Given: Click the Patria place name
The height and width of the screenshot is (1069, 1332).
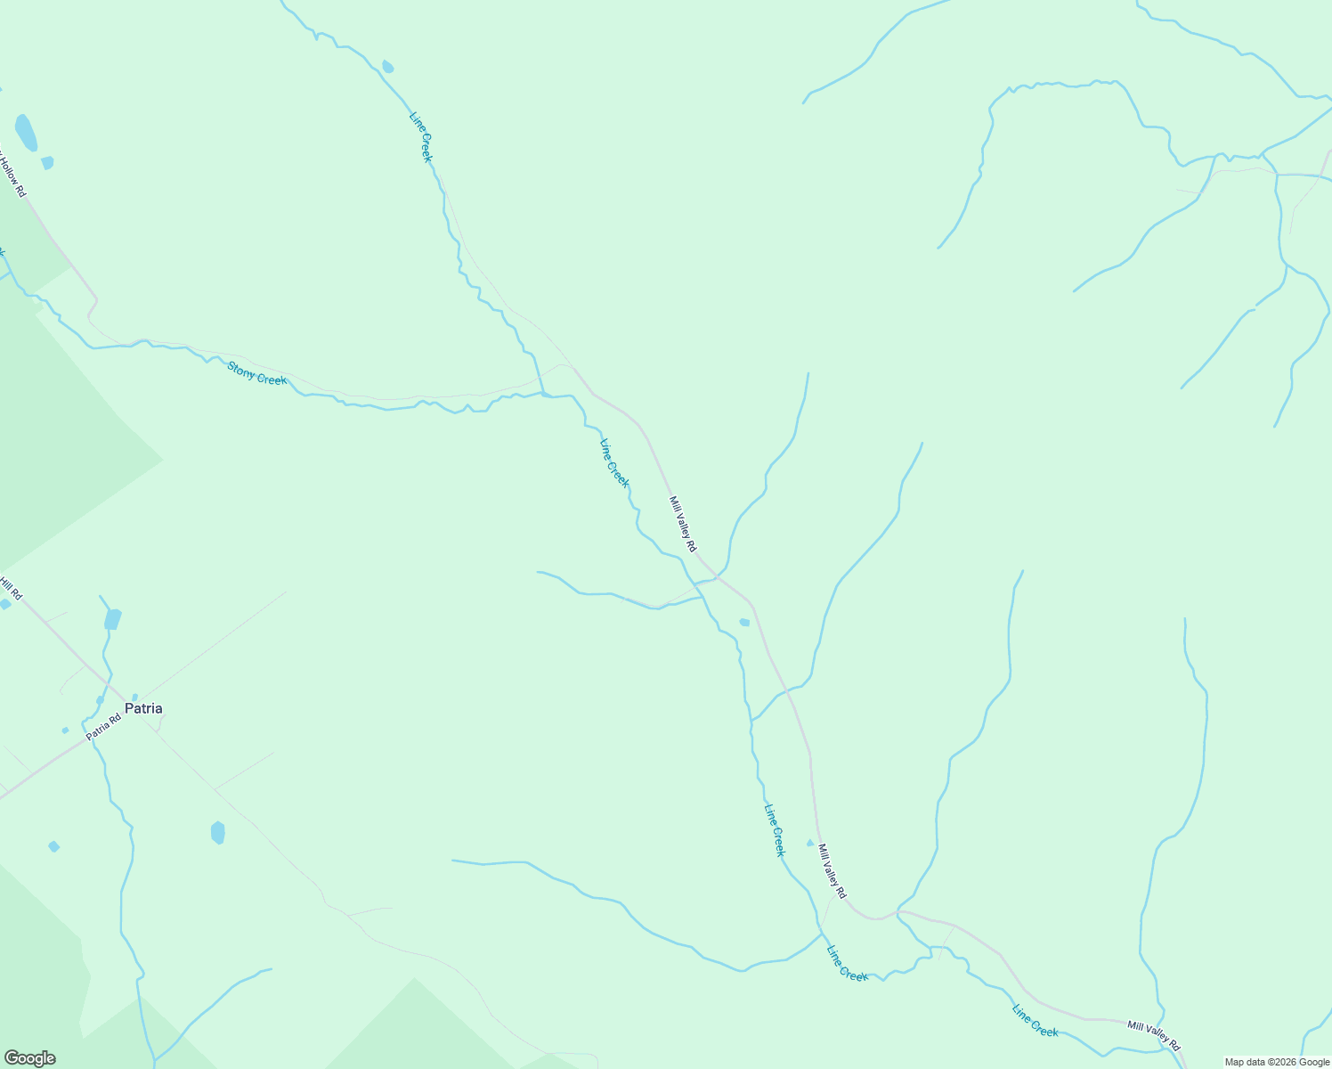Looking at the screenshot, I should click(143, 709).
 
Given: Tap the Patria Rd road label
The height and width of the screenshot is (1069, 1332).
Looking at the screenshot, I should click(103, 727).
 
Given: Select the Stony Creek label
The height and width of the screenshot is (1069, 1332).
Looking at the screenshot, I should click(256, 373).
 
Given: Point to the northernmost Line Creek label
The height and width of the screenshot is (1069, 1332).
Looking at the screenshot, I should click(420, 136).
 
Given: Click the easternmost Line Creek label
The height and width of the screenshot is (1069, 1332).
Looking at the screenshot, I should click(1036, 1020).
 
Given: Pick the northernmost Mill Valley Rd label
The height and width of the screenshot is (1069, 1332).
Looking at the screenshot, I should click(683, 524).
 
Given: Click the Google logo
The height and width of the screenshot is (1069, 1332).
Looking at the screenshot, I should click(29, 1058).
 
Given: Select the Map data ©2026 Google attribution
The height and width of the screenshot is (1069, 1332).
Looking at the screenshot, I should click(1277, 1062).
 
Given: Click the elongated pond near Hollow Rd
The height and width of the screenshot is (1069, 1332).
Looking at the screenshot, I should click(26, 132).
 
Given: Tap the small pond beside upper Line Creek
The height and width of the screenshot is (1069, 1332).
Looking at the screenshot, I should click(387, 67).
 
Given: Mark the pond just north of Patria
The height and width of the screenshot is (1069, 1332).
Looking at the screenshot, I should click(112, 619).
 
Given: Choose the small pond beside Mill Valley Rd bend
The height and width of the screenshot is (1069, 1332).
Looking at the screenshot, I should click(744, 622).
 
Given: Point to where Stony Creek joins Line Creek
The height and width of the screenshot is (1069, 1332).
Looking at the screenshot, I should click(542, 393).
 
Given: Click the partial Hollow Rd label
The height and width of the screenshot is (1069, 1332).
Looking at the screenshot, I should click(12, 175).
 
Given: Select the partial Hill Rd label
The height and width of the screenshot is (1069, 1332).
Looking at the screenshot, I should click(11, 589).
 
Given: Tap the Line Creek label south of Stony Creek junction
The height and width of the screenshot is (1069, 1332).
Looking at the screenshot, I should click(614, 463).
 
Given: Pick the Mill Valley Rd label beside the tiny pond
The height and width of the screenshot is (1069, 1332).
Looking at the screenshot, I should click(832, 871).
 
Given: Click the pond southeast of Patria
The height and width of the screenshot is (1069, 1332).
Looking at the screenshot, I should click(218, 833).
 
